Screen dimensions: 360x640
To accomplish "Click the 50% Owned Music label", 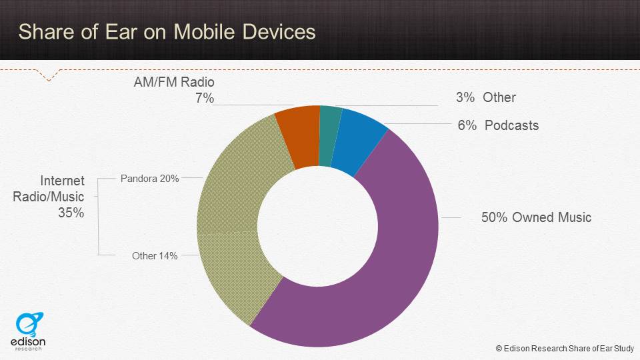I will pos(536,217).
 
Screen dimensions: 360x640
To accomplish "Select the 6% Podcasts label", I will pos(498,125).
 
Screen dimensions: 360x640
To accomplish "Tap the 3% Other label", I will pos(485,97).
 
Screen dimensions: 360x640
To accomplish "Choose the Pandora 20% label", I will pos(149,179).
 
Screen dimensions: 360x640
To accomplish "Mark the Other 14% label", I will pos(155,255).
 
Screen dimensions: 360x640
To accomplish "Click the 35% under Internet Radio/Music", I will pos(70,213).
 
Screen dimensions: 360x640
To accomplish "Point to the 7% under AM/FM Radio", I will pos(204,98).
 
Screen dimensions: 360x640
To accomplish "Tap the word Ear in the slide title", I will pos(130,32).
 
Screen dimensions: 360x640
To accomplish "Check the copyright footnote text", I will pos(564,348).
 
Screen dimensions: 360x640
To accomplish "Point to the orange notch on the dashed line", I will pos(47,77).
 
